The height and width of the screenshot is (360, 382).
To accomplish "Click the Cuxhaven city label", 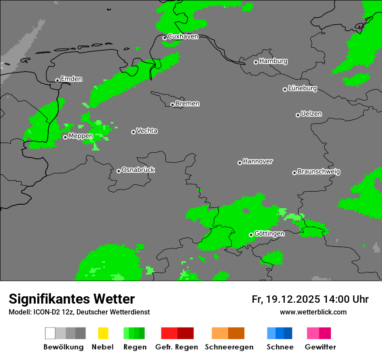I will pyautogui.click(x=183, y=36).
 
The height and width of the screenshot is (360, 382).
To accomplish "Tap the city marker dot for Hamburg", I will pyautogui.click(x=256, y=62).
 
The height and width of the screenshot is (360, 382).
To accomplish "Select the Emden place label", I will pyautogui.click(x=71, y=79).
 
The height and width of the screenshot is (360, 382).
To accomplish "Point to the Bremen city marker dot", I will pyautogui.click(x=172, y=105).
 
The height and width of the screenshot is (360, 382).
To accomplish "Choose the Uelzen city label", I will pyautogui.click(x=311, y=114).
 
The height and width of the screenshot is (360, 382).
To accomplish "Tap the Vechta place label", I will pyautogui.click(x=147, y=131).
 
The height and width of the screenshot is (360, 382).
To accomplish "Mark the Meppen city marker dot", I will pyautogui.click(x=65, y=137).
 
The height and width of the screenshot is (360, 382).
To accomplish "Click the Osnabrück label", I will pyautogui.click(x=138, y=170).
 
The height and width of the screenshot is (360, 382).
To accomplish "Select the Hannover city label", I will pyautogui.click(x=258, y=161).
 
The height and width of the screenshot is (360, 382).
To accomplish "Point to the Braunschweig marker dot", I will pyautogui.click(x=294, y=173).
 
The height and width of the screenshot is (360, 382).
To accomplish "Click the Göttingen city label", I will pyautogui.click(x=269, y=234).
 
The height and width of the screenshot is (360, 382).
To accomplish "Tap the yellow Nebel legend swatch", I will pyautogui.click(x=103, y=333).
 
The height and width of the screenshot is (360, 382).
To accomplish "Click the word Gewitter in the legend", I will pyautogui.click(x=320, y=347).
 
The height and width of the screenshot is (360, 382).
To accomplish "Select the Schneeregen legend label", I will pyautogui.click(x=229, y=347).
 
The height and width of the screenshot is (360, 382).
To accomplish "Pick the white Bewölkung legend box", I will pyautogui.click(x=50, y=333).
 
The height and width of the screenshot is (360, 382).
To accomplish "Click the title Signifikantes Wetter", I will pyautogui.click(x=72, y=299).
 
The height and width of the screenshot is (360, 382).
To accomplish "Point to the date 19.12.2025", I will pyautogui.click(x=293, y=299).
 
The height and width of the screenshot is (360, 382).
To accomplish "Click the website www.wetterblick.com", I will pyautogui.click(x=313, y=312).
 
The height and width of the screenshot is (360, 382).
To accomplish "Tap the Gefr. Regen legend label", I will pyautogui.click(x=177, y=347).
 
